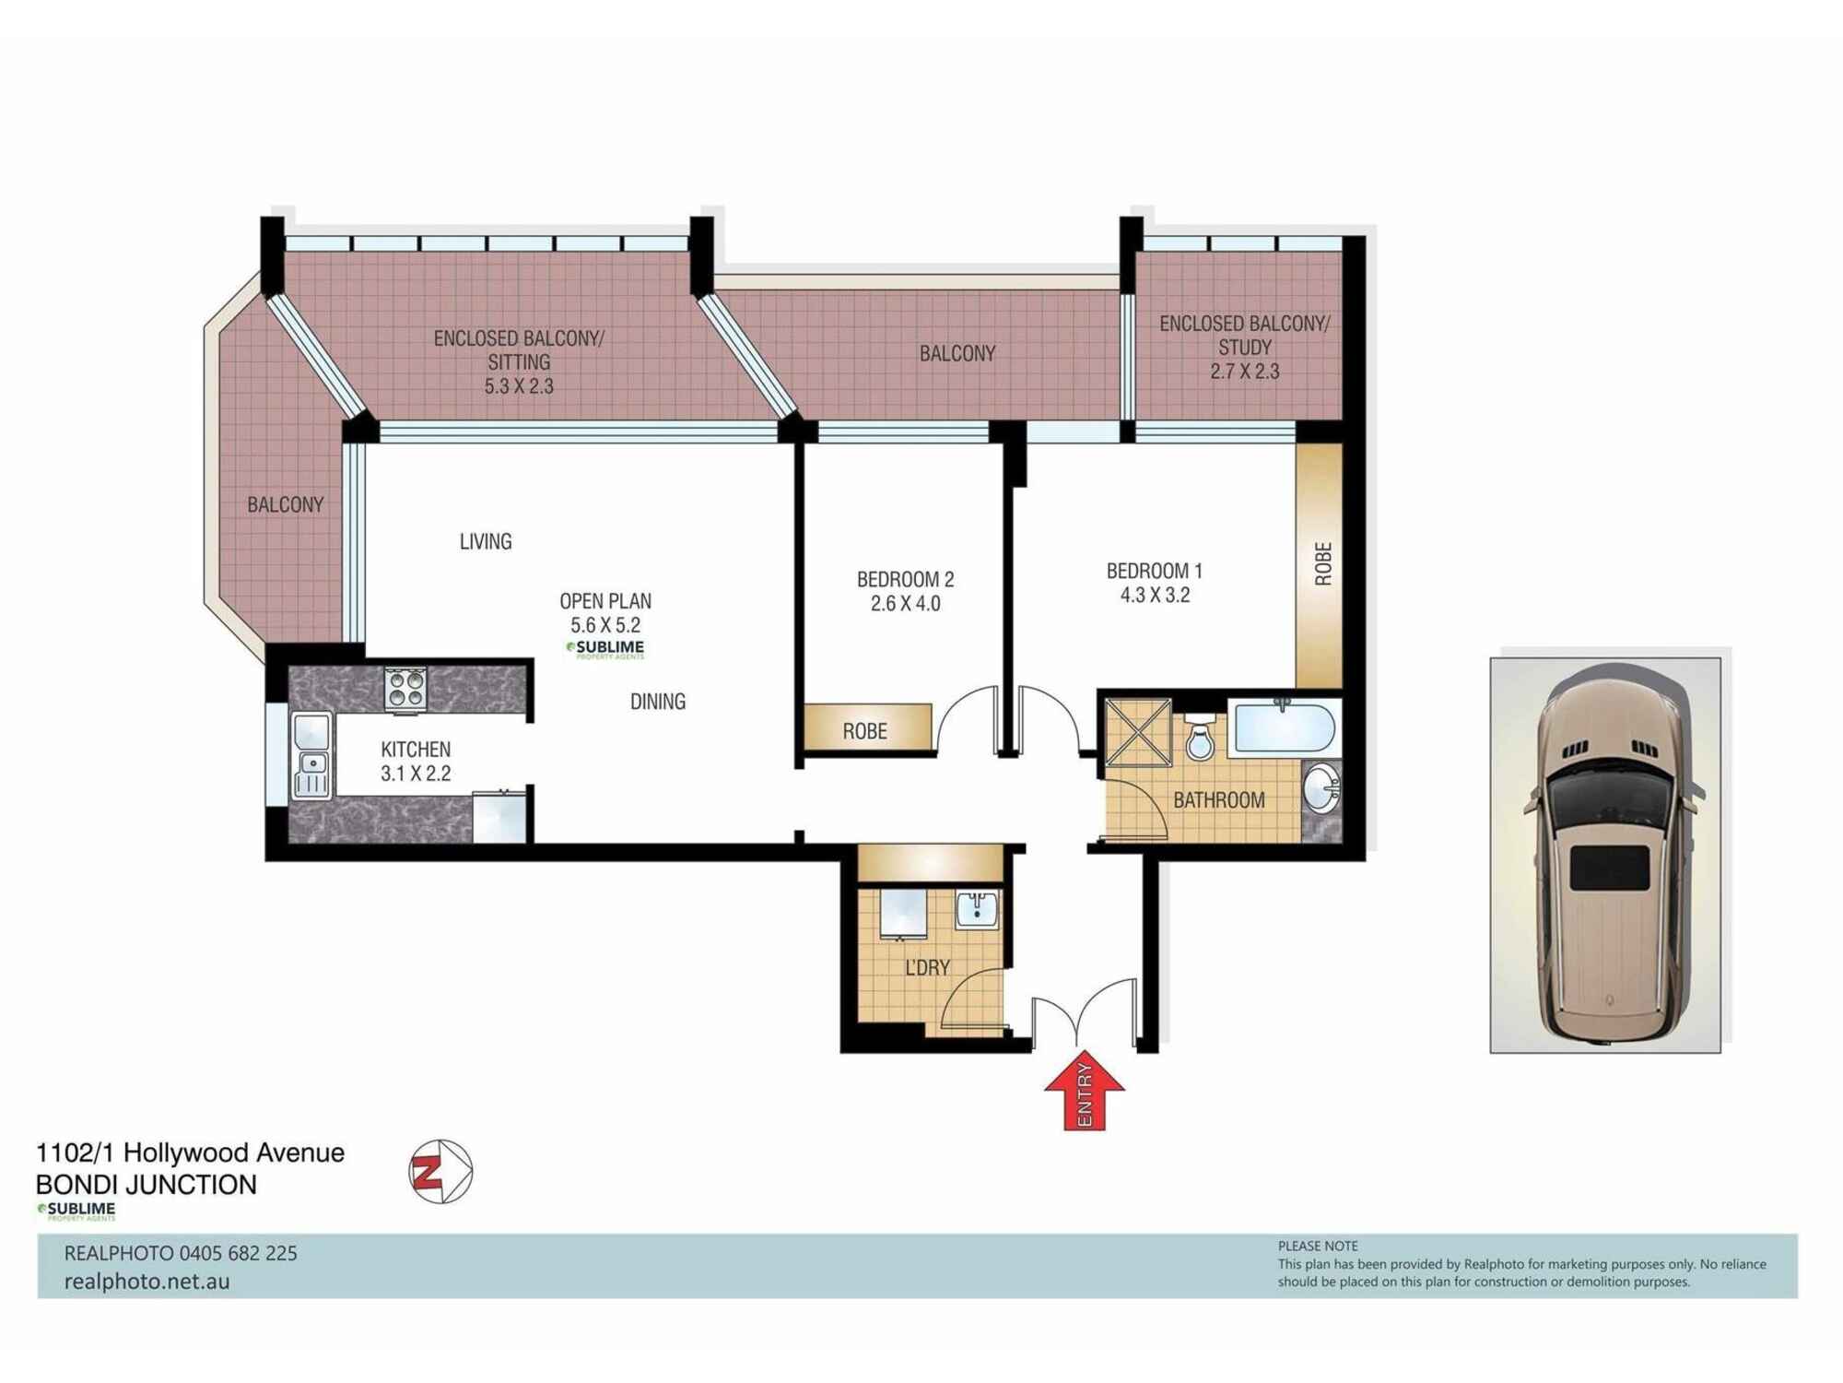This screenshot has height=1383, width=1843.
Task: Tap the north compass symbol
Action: pos(440,1172)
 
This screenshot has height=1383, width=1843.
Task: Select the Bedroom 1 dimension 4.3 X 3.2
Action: pos(1155,596)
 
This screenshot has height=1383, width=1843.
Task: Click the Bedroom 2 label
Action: pos(905,579)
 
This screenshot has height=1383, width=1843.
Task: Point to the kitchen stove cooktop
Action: pos(405,689)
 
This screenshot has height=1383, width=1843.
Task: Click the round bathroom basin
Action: pos(1321,790)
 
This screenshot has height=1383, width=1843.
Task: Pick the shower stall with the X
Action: pos(1139,733)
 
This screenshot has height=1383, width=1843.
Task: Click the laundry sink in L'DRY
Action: pos(976,910)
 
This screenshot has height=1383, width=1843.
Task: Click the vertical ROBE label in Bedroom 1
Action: pos(1322,564)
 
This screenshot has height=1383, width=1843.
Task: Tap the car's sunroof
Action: pos(1609,867)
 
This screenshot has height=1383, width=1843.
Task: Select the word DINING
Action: pos(657,702)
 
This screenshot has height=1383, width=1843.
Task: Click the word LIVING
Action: pos(485,541)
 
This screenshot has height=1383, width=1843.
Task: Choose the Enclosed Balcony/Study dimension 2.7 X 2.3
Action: pos(1244,372)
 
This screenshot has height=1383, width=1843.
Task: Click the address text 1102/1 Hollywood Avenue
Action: pos(190,1152)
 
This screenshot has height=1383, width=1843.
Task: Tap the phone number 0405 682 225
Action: pos(238,1253)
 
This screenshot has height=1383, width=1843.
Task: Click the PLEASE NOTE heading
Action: pos(1317,1246)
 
